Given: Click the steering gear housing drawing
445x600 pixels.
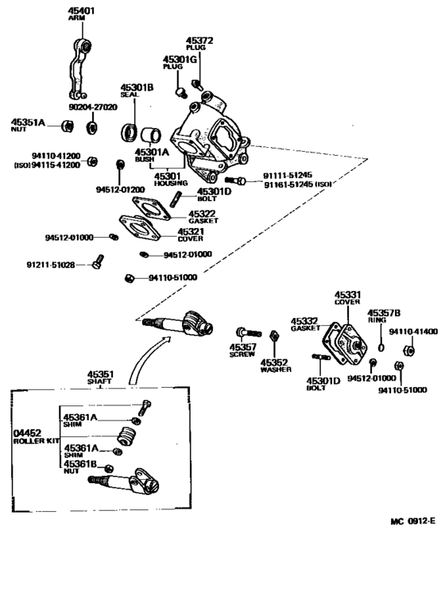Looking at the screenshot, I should tap(211, 131).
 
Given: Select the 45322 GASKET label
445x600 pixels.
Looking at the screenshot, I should tap(202, 216).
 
